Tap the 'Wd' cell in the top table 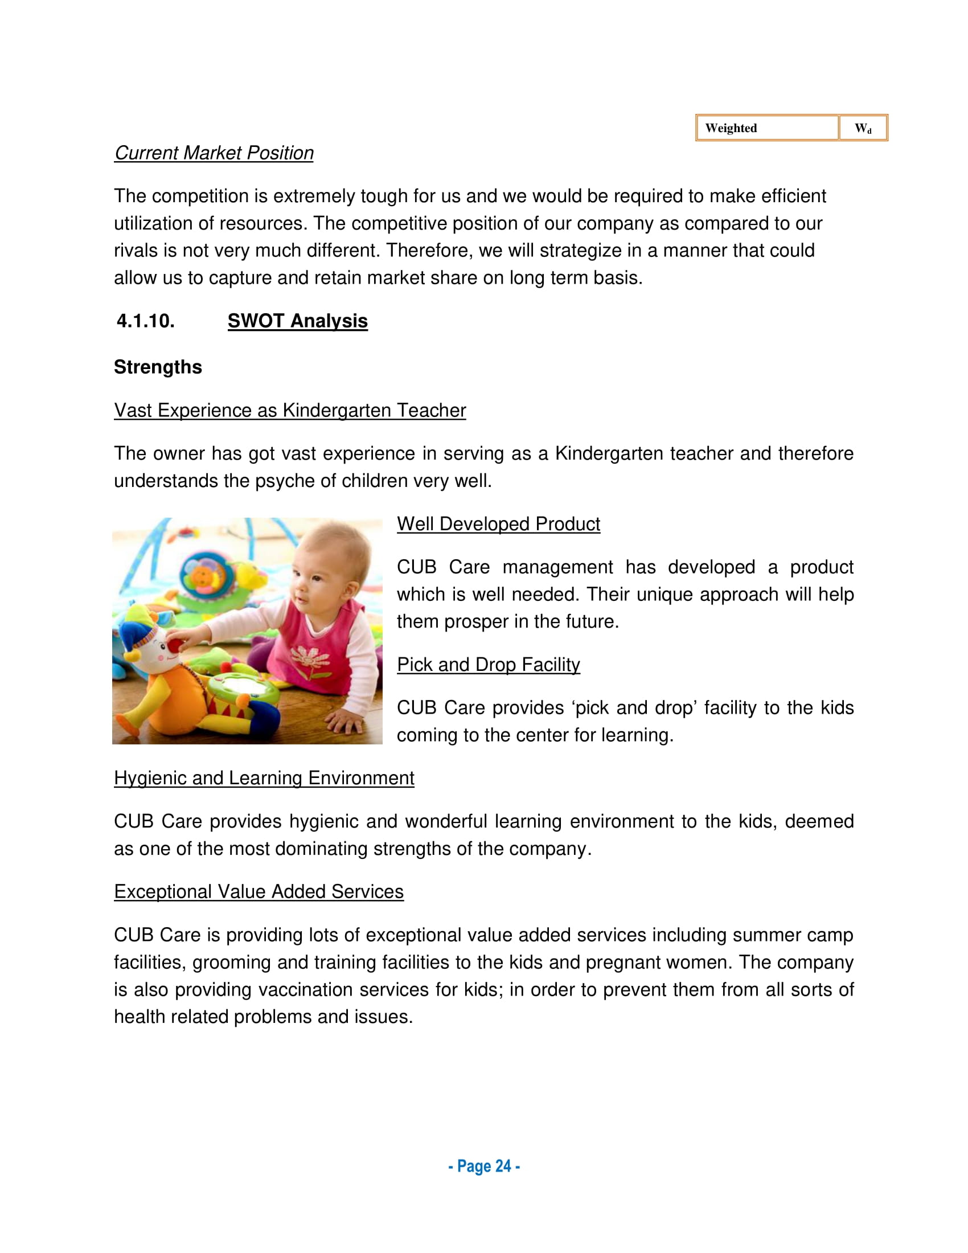863,128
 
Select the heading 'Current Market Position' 214,153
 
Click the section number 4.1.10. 146,321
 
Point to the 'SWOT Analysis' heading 298,321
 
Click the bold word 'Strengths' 158,367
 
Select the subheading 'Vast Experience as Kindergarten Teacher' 290,411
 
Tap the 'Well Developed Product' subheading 498,525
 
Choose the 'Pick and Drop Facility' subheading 489,665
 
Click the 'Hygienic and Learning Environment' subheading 264,779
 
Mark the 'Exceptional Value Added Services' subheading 259,892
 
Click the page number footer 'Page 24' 484,1166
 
